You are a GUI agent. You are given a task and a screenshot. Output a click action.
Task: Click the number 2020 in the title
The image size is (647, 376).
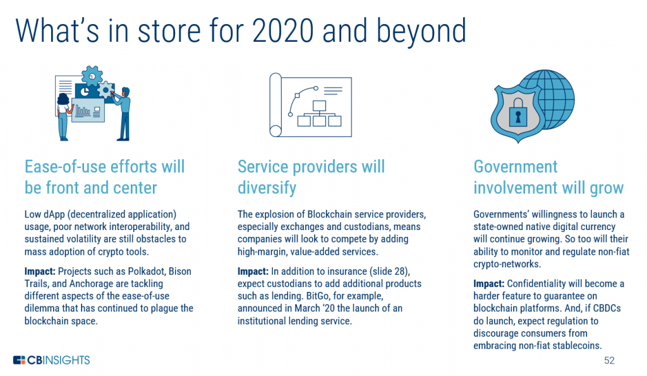[x=282, y=30]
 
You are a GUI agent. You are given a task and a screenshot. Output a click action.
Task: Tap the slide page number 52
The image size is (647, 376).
[x=609, y=360]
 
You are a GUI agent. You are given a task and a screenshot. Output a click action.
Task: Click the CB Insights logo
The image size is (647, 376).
[x=51, y=360]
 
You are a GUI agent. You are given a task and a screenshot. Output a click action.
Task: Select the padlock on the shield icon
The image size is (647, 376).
[x=518, y=112]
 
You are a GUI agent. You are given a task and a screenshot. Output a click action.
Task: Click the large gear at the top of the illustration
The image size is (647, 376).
[x=92, y=76]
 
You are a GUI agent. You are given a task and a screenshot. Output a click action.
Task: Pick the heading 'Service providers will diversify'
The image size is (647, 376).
[x=311, y=177]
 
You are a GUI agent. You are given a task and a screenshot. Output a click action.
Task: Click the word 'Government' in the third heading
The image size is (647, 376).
[x=516, y=167]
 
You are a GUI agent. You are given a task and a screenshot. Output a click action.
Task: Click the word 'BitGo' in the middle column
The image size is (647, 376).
[x=317, y=296]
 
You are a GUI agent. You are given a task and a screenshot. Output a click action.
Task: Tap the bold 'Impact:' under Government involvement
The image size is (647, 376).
[x=488, y=284]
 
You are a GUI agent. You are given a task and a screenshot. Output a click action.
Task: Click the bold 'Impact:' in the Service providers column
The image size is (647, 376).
[x=253, y=271]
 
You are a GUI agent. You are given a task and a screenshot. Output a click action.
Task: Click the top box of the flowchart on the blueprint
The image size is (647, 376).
[x=319, y=106]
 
